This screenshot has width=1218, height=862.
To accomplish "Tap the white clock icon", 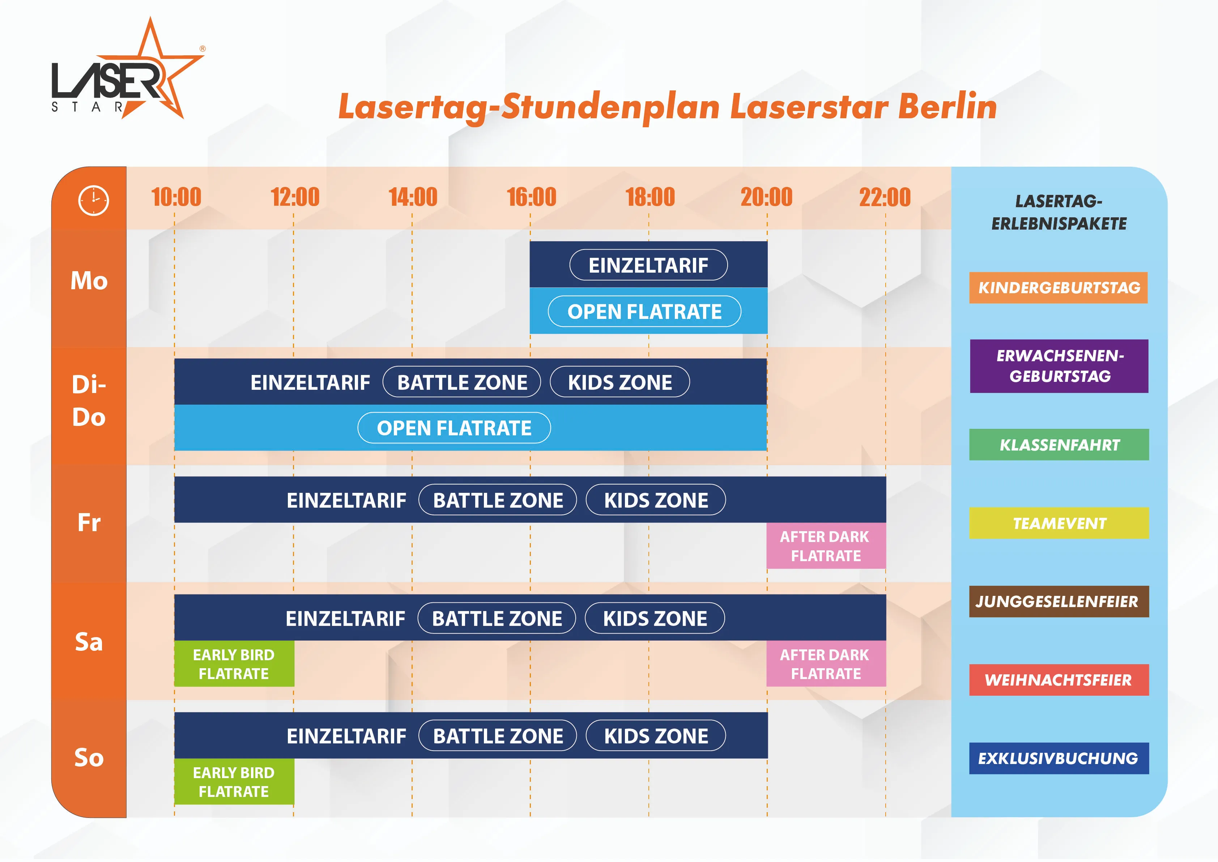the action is tap(93, 201).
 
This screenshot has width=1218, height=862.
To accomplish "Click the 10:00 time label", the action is tap(176, 197).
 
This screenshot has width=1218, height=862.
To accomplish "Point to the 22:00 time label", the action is tap(885, 197).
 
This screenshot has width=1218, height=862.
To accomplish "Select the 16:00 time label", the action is tap(531, 197).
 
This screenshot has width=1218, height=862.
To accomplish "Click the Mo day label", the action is tap(89, 281).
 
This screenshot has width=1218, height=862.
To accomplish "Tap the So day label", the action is tap(89, 758).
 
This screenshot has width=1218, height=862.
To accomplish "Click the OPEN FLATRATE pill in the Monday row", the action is tap(644, 312).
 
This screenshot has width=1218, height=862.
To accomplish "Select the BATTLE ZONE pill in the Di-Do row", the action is tap(462, 382).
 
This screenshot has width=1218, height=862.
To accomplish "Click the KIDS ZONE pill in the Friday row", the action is tap(656, 500).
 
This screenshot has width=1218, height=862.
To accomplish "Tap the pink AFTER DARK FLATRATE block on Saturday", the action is tap(826, 664).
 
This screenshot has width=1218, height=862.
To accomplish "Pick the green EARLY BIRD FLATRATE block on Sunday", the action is tap(234, 782).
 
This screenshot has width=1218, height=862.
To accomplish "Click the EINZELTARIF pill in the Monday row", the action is tap(648, 265).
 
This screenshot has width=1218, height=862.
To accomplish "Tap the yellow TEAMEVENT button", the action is tap(1059, 523).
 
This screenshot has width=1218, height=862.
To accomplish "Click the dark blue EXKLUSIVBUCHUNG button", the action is tap(1059, 759).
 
